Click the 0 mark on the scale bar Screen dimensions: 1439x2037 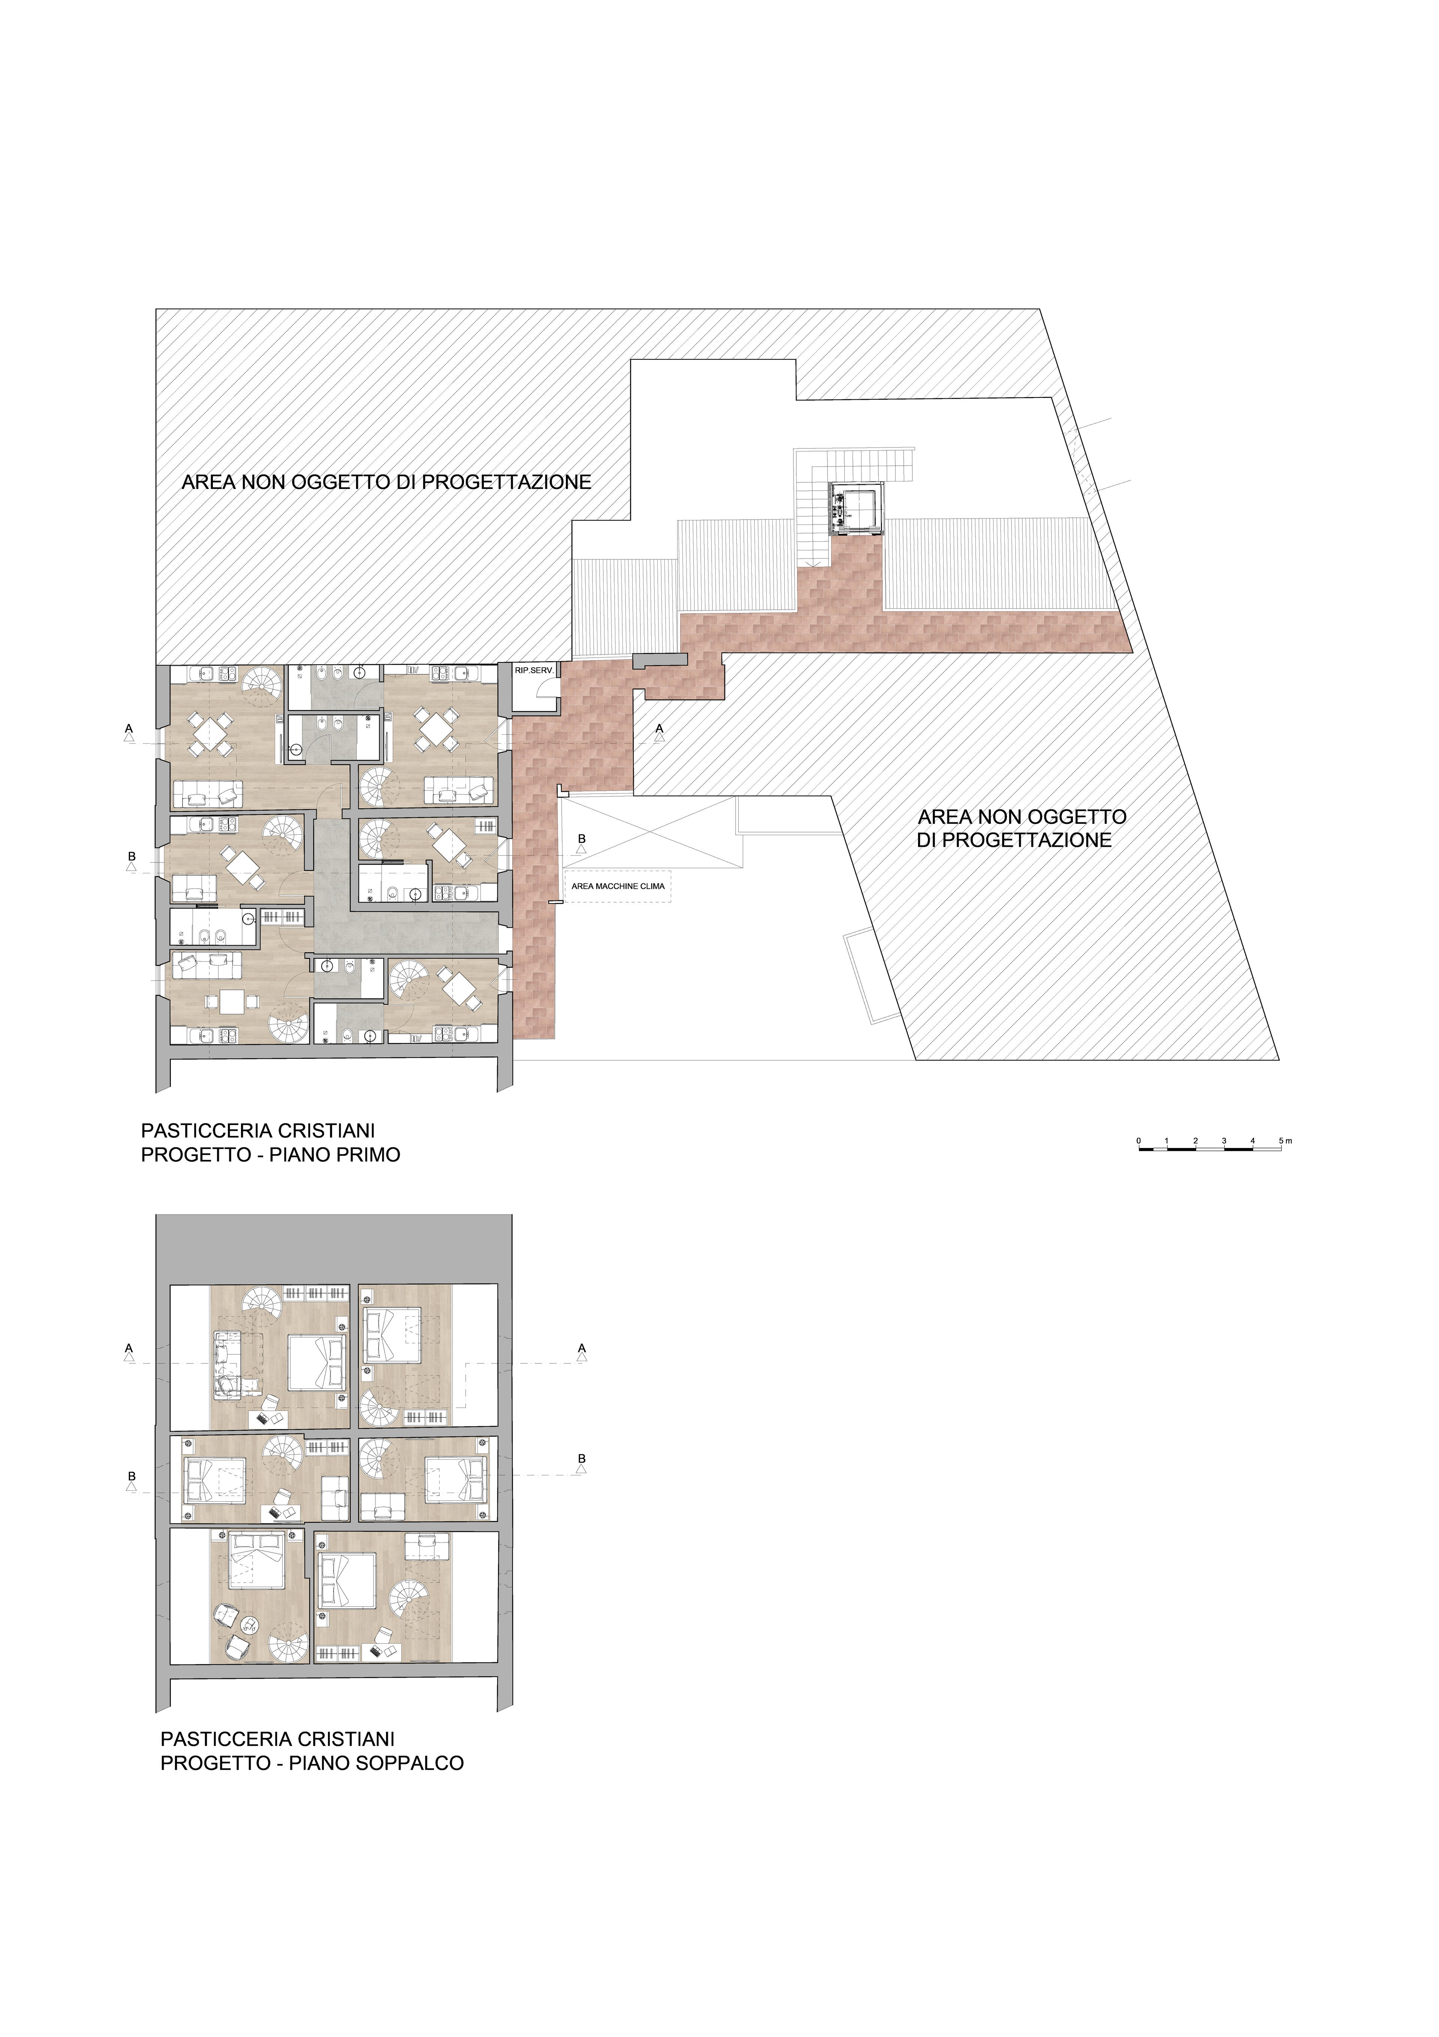tap(1138, 1140)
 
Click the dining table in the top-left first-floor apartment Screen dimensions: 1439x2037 tap(210, 734)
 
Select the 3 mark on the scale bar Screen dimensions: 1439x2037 tap(1224, 1140)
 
